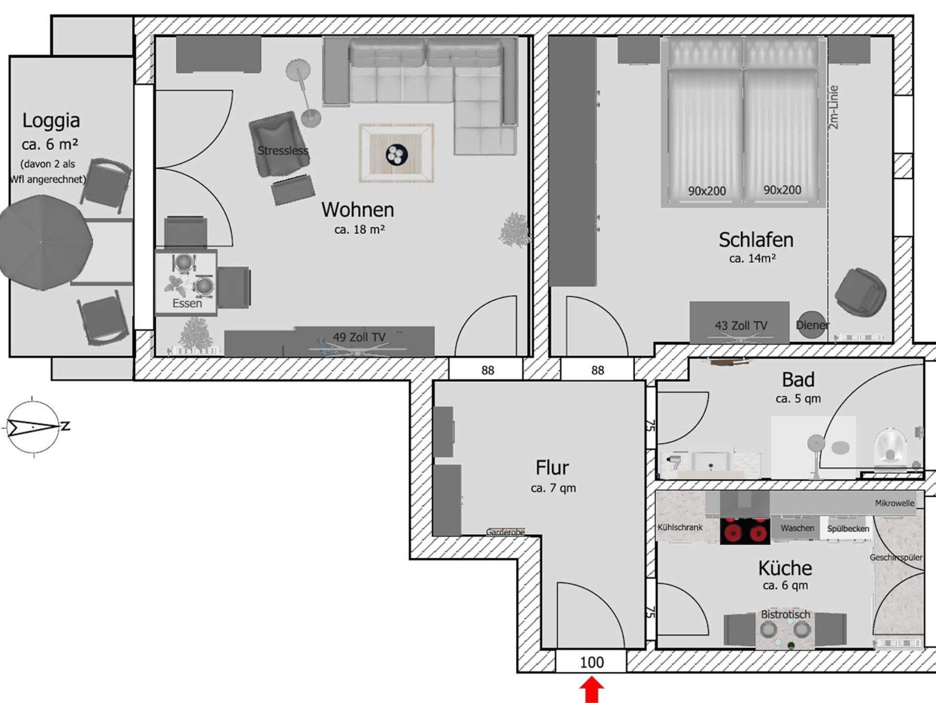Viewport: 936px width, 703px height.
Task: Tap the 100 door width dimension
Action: click(x=592, y=662)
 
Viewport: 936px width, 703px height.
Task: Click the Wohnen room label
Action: click(x=358, y=210)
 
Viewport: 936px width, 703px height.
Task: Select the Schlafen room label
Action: click(x=756, y=240)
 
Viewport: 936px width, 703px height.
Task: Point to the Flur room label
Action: click(x=552, y=468)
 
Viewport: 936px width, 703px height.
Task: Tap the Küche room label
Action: click(x=785, y=568)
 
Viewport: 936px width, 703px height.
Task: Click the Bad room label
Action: click(x=798, y=380)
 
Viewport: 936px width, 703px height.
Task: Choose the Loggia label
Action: click(x=51, y=121)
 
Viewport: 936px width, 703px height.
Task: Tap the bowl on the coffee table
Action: click(x=396, y=154)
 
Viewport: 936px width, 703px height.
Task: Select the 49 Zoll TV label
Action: click(x=359, y=337)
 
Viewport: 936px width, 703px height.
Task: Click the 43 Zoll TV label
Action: click(x=741, y=326)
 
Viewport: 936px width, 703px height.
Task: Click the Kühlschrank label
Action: click(x=680, y=527)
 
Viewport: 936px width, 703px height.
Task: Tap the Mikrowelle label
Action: click(x=895, y=503)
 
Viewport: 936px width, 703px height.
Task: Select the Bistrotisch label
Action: click(x=785, y=614)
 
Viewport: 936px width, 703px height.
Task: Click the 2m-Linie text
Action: click(x=834, y=107)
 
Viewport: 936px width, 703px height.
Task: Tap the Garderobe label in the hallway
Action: click(x=505, y=532)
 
